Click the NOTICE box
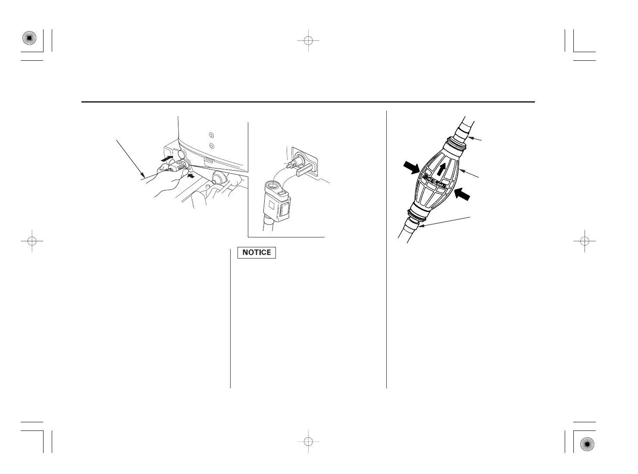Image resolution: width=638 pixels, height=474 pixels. tap(256, 253)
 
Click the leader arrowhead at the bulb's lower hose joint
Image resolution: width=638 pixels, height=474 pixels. tap(420, 226)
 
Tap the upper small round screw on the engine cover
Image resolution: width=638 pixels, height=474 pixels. tap(211, 134)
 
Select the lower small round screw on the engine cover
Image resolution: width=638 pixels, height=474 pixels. tap(211, 146)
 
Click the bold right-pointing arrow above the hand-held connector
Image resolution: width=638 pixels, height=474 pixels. tap(167, 159)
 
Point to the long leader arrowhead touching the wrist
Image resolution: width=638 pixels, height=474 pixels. tap(143, 176)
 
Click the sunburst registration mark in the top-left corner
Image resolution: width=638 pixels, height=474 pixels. tap(28, 38)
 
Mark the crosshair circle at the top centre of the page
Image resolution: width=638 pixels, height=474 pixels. tap(308, 41)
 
